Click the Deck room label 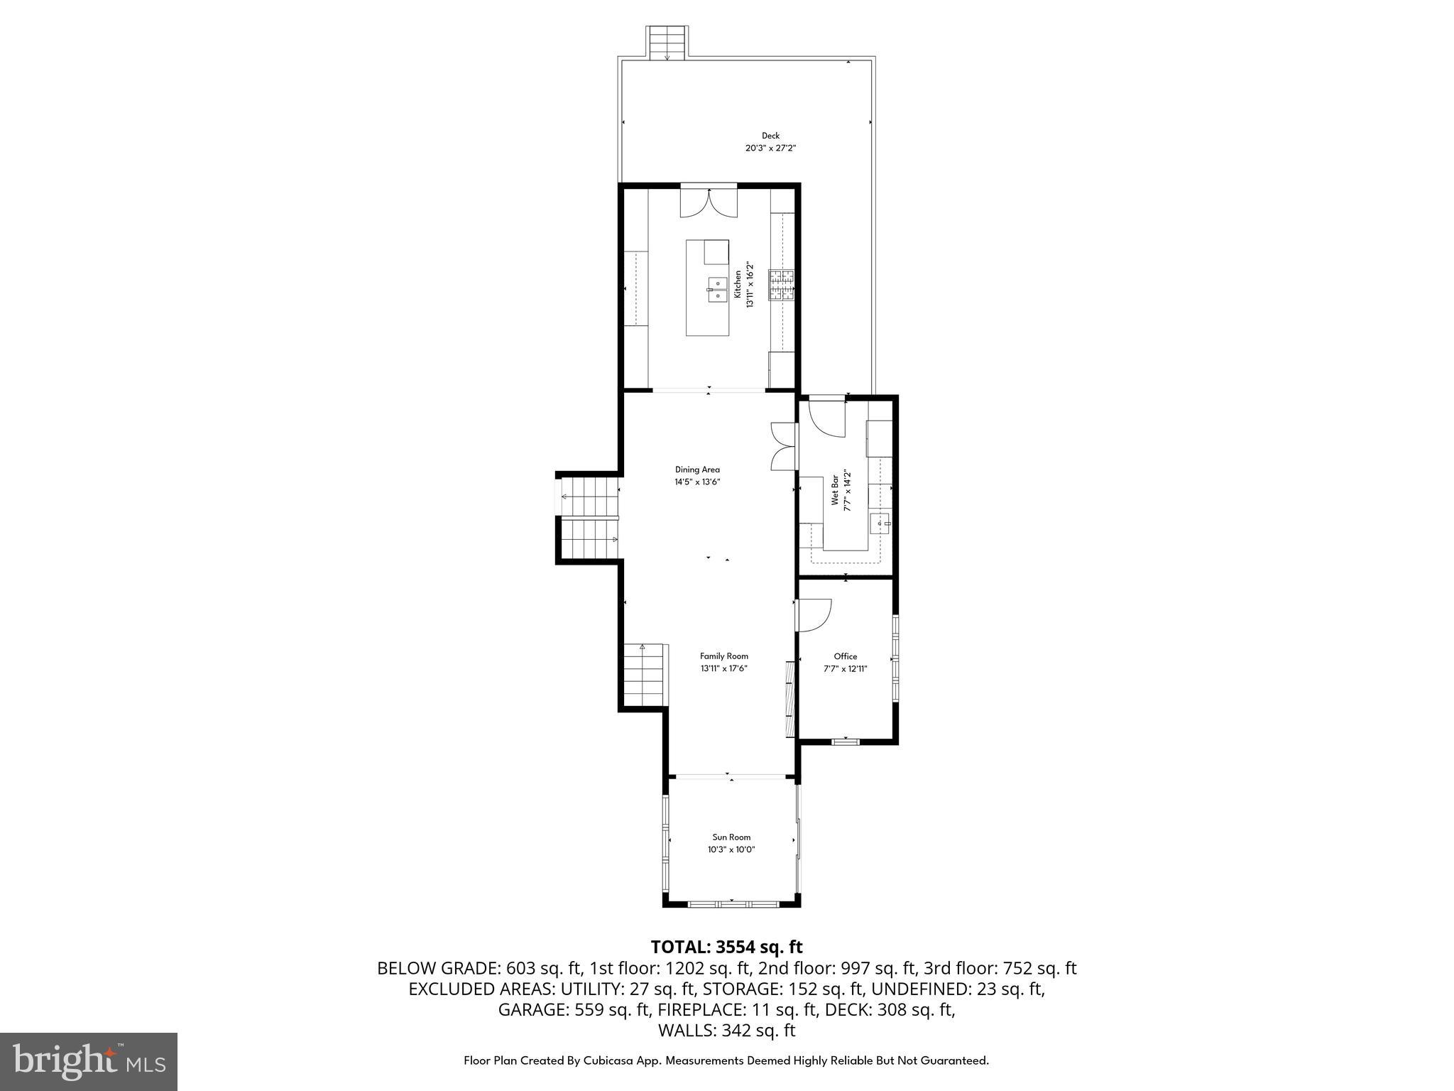point(770,136)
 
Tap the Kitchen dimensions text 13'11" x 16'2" point(749,285)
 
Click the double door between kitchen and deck point(709,202)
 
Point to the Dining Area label point(697,469)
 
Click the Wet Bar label point(836,489)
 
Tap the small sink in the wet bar point(881,523)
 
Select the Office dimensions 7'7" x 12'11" point(845,668)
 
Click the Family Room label point(723,656)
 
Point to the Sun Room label point(731,837)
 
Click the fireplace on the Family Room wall point(789,699)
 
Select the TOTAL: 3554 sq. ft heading point(726,947)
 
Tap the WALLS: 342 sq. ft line point(726,1031)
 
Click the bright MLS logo point(89,1062)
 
